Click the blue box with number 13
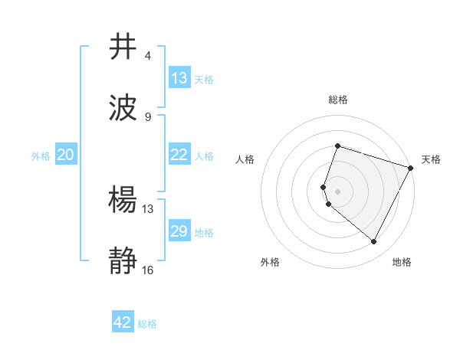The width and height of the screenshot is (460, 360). pos(179,78)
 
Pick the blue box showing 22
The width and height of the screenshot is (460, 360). pos(179,155)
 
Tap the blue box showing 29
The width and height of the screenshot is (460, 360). pos(179,231)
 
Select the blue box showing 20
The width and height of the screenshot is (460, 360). pos(66,155)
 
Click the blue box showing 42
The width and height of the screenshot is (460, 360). pos(123,322)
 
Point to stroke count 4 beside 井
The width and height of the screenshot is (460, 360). pos(148,56)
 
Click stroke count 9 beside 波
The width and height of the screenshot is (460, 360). pos(148,117)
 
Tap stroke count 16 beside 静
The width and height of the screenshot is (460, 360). pos(148,270)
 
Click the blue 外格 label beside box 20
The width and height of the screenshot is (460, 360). pos(41,155)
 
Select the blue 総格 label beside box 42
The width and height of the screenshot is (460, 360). pos(147,323)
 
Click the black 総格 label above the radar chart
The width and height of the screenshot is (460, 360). pos(337,100)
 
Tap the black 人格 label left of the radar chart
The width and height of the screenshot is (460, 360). pos(245,159)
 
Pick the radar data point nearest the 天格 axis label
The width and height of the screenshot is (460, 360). pos(411,168)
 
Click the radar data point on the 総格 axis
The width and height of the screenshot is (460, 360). pos(337,146)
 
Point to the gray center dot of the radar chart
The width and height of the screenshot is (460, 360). pos(337,191)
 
